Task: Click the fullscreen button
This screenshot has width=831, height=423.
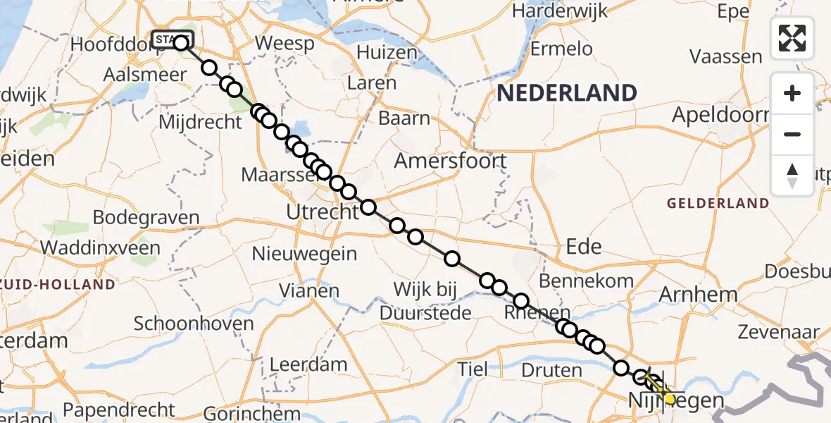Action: pyautogui.click(x=792, y=38)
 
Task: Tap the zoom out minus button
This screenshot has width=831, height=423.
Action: pyautogui.click(x=792, y=134)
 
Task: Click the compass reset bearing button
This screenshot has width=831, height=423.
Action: pyautogui.click(x=792, y=175)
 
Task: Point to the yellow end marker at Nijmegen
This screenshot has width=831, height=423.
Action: pyautogui.click(x=669, y=398)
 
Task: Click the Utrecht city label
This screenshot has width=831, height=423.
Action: pyautogui.click(x=322, y=211)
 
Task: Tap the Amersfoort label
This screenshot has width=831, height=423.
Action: pyautogui.click(x=450, y=161)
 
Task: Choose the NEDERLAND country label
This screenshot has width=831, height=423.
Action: pyautogui.click(x=567, y=93)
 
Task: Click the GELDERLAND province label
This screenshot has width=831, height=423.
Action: pyautogui.click(x=718, y=204)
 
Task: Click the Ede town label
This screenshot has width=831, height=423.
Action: pyautogui.click(x=584, y=245)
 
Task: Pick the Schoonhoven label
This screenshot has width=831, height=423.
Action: pyautogui.click(x=194, y=324)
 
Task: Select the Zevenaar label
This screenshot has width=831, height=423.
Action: pyautogui.click(x=778, y=332)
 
